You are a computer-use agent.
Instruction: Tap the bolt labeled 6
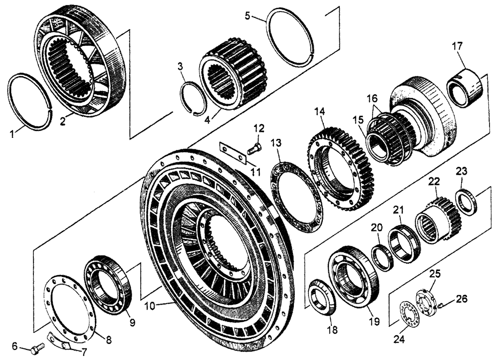[x=35, y=350]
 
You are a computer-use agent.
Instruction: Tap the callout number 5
[x=248, y=15]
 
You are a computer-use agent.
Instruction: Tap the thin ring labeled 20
[x=383, y=256]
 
